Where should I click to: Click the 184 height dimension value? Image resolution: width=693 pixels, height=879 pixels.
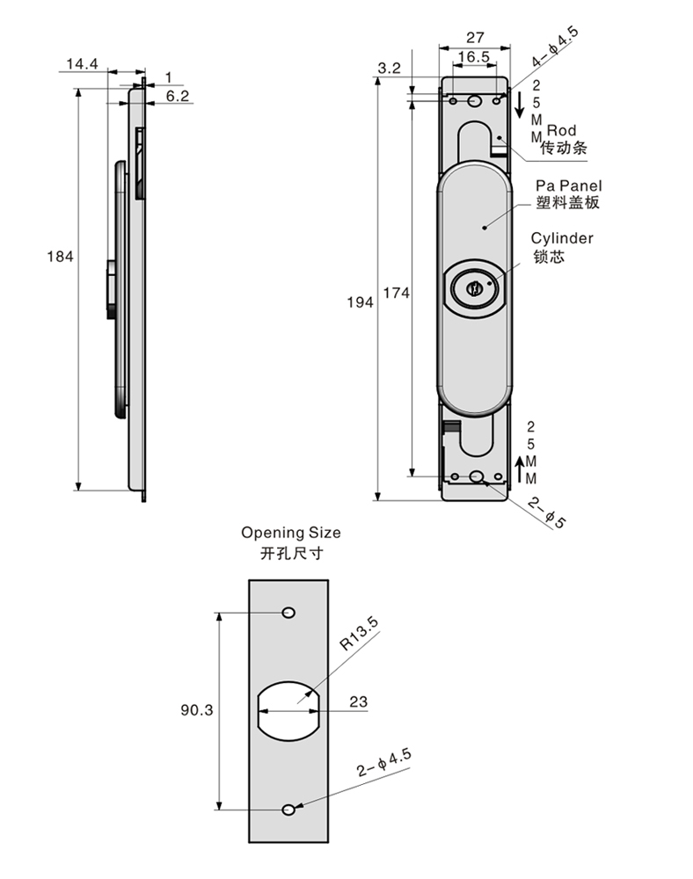[60, 257]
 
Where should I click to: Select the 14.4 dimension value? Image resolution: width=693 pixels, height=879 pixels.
[81, 64]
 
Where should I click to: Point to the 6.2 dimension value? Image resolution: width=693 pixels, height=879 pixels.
[178, 96]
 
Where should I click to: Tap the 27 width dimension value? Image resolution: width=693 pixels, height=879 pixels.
[475, 38]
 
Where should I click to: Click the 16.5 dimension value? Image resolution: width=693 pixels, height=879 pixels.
[473, 57]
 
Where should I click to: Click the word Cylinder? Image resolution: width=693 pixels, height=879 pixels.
[562, 238]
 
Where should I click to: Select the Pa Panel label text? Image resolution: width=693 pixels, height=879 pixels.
[568, 186]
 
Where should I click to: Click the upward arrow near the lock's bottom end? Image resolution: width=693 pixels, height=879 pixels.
[520, 469]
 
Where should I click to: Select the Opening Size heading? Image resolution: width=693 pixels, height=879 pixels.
[291, 533]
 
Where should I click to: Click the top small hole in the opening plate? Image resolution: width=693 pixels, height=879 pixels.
[288, 613]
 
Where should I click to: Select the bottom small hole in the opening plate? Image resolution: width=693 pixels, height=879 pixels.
[288, 809]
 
